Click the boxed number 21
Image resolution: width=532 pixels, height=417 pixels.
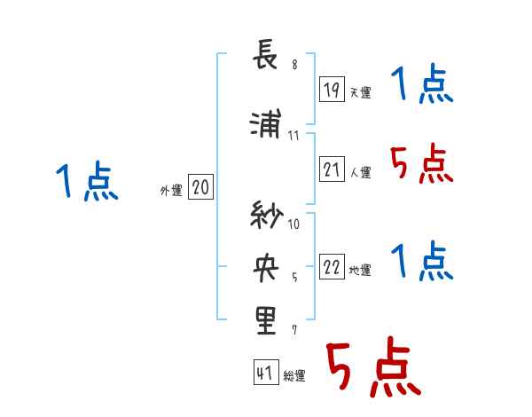tap(332, 169)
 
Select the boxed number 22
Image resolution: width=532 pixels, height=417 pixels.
tap(332, 267)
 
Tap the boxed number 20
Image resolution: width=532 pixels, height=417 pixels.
tap(201, 187)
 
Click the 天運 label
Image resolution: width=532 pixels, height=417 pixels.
tap(360, 92)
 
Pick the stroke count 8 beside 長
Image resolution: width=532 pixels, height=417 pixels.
tap(293, 64)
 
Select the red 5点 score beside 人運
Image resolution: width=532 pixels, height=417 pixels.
tap(421, 163)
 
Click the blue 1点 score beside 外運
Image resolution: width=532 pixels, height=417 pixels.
tap(87, 183)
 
